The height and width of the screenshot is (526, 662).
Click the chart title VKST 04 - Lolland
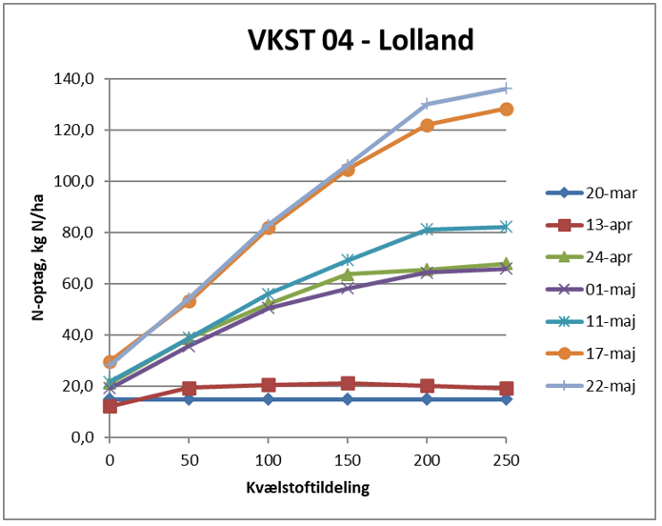pyautogui.click(x=360, y=40)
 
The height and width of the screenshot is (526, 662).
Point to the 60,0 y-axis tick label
pyautogui.click(x=76, y=284)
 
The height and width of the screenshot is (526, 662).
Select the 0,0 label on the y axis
pyautogui.click(x=80, y=438)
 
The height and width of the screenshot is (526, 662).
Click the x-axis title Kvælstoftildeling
pyautogui.click(x=308, y=487)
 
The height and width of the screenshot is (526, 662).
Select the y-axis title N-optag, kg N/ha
pyautogui.click(x=40, y=258)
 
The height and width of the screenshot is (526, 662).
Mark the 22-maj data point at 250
pyautogui.click(x=506, y=89)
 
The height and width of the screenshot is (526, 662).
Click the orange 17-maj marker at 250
pyautogui.click(x=506, y=109)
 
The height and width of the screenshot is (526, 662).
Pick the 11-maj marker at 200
pyautogui.click(x=427, y=230)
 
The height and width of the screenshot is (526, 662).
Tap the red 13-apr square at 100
pyautogui.click(x=269, y=385)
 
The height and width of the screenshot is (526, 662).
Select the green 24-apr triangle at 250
pyautogui.click(x=506, y=264)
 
